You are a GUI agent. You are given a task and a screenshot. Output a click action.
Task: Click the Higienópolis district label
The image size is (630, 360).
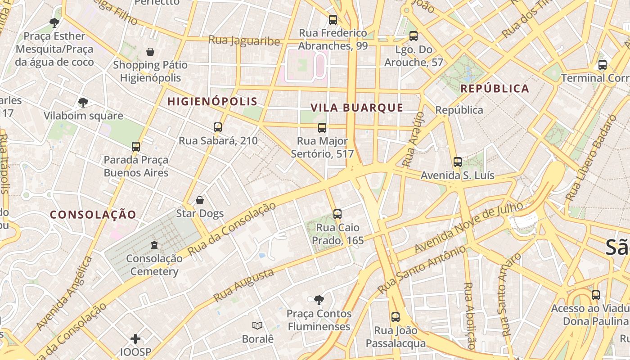coord(212,102)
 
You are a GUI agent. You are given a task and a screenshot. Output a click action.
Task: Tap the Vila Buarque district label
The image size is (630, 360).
coord(357,108)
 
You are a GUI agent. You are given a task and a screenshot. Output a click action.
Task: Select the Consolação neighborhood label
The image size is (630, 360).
coord(93,215)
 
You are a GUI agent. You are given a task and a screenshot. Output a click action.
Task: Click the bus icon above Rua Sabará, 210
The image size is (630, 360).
coord(218,127)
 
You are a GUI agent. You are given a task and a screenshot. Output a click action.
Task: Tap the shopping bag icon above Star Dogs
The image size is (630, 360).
coord(200,200)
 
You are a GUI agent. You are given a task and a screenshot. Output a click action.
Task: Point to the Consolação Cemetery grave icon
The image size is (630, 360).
coord(154,245)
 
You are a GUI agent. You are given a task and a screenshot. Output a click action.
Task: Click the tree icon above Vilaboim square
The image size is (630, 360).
coord(83,103)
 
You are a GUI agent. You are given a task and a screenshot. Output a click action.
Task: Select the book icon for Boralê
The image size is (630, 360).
coord(257,325)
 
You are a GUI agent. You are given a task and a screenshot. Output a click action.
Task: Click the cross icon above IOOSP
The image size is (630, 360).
coord(135,338)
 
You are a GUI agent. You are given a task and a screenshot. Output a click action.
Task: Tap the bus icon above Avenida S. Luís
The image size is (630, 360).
coord(458,162)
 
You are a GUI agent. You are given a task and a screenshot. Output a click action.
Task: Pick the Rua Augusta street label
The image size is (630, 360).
coord(243,285)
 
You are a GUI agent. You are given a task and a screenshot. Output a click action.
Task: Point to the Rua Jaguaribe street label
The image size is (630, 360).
coord(244,40)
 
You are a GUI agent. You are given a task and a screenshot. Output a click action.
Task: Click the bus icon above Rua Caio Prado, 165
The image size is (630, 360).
coord(337,214)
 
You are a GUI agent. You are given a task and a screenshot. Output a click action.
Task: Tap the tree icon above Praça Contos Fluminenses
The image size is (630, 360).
coord(319,300)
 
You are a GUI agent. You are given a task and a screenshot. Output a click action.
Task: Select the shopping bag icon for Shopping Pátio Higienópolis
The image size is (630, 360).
coord(150,52)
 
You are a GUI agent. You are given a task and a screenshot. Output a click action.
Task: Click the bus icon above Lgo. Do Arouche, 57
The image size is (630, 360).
coord(414,36)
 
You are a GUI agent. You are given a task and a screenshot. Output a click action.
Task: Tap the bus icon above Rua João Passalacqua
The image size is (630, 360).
coord(396,317)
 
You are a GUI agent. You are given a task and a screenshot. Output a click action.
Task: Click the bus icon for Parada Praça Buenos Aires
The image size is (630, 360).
coord(136,146)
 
